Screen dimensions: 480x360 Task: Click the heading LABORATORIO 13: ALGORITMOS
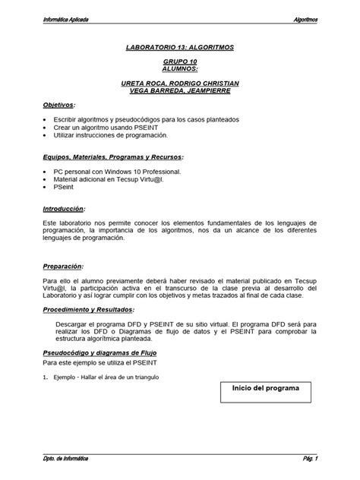point(179,47)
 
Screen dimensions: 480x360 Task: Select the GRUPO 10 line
point(179,60)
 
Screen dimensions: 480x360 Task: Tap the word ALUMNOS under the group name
point(179,68)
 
